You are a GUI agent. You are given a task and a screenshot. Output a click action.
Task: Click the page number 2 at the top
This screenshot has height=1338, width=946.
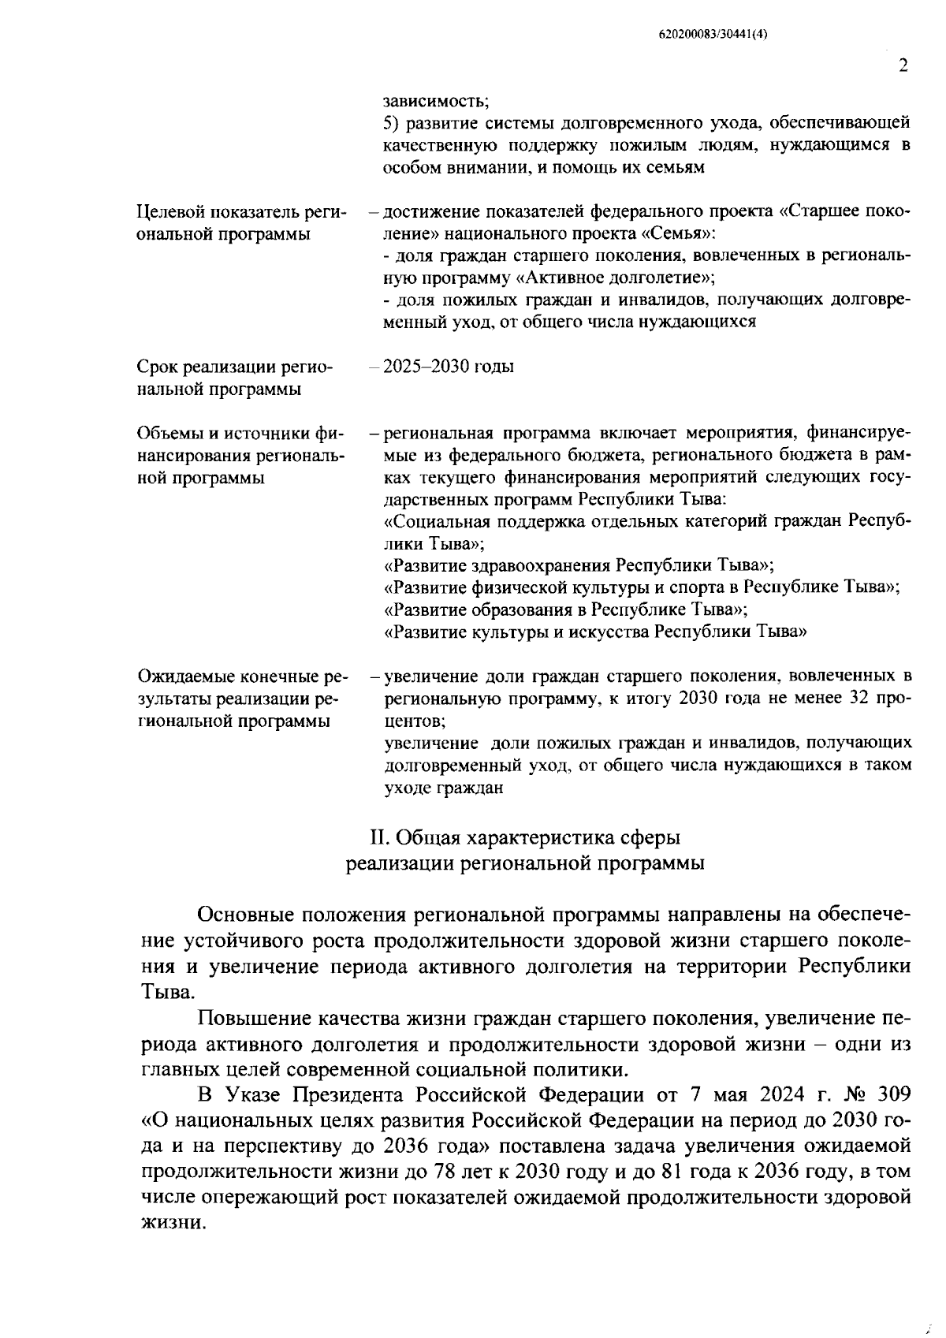click(903, 65)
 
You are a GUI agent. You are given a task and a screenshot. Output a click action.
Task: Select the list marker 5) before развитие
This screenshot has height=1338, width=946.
click(392, 123)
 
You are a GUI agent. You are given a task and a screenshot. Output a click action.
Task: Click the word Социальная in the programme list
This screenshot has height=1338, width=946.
click(436, 522)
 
